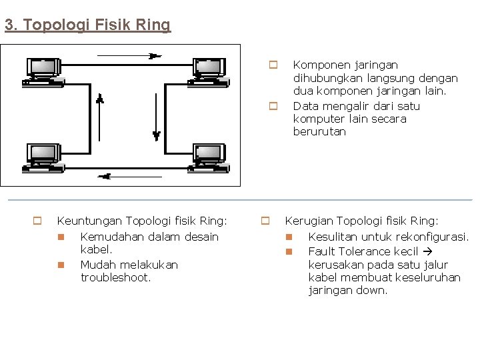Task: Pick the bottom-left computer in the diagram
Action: click(x=42, y=158)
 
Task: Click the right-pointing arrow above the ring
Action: click(x=154, y=56)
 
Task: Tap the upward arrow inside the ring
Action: click(x=100, y=100)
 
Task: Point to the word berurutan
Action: click(x=319, y=132)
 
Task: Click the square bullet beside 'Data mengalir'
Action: click(x=273, y=106)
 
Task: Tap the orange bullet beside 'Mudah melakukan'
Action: click(x=59, y=265)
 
